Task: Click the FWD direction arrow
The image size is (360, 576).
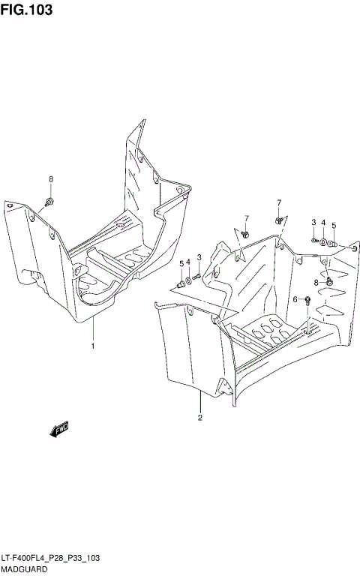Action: point(59,430)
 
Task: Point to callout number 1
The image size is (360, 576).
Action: point(92,346)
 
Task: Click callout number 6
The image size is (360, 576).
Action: point(295,299)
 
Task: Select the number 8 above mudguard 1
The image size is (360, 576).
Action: point(51,178)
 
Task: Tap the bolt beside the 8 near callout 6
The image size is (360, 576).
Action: point(328,281)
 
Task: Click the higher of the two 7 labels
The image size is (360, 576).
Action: point(278,202)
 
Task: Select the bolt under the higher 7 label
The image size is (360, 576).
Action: point(278,220)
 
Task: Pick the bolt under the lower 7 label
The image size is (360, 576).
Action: point(245,235)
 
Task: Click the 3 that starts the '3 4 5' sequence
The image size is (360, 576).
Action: point(313,222)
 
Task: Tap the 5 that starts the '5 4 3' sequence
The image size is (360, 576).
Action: point(181,263)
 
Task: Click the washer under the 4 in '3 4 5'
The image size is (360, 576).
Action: point(322,242)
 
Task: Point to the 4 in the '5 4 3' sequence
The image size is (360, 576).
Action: point(189,261)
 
